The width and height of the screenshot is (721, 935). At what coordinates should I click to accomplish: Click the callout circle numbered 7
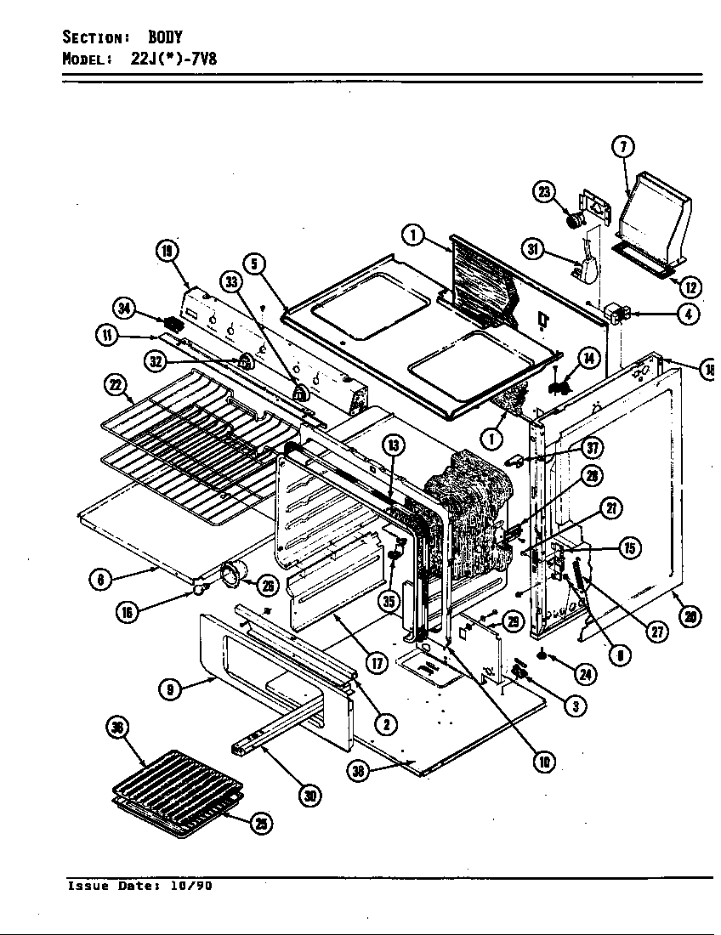pyautogui.click(x=622, y=147)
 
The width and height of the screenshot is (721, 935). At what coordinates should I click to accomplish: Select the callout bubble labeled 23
pyautogui.click(x=545, y=192)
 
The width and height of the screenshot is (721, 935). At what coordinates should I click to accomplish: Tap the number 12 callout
pyautogui.click(x=690, y=287)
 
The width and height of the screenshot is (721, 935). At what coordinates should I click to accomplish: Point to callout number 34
pyautogui.click(x=125, y=309)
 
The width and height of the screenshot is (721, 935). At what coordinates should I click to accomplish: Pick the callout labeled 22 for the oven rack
pyautogui.click(x=115, y=385)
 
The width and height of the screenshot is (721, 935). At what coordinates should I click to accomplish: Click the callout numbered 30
pyautogui.click(x=309, y=795)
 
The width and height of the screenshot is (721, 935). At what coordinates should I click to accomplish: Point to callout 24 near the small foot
pyautogui.click(x=584, y=675)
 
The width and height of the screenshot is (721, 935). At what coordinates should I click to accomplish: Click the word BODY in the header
pyautogui.click(x=166, y=37)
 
